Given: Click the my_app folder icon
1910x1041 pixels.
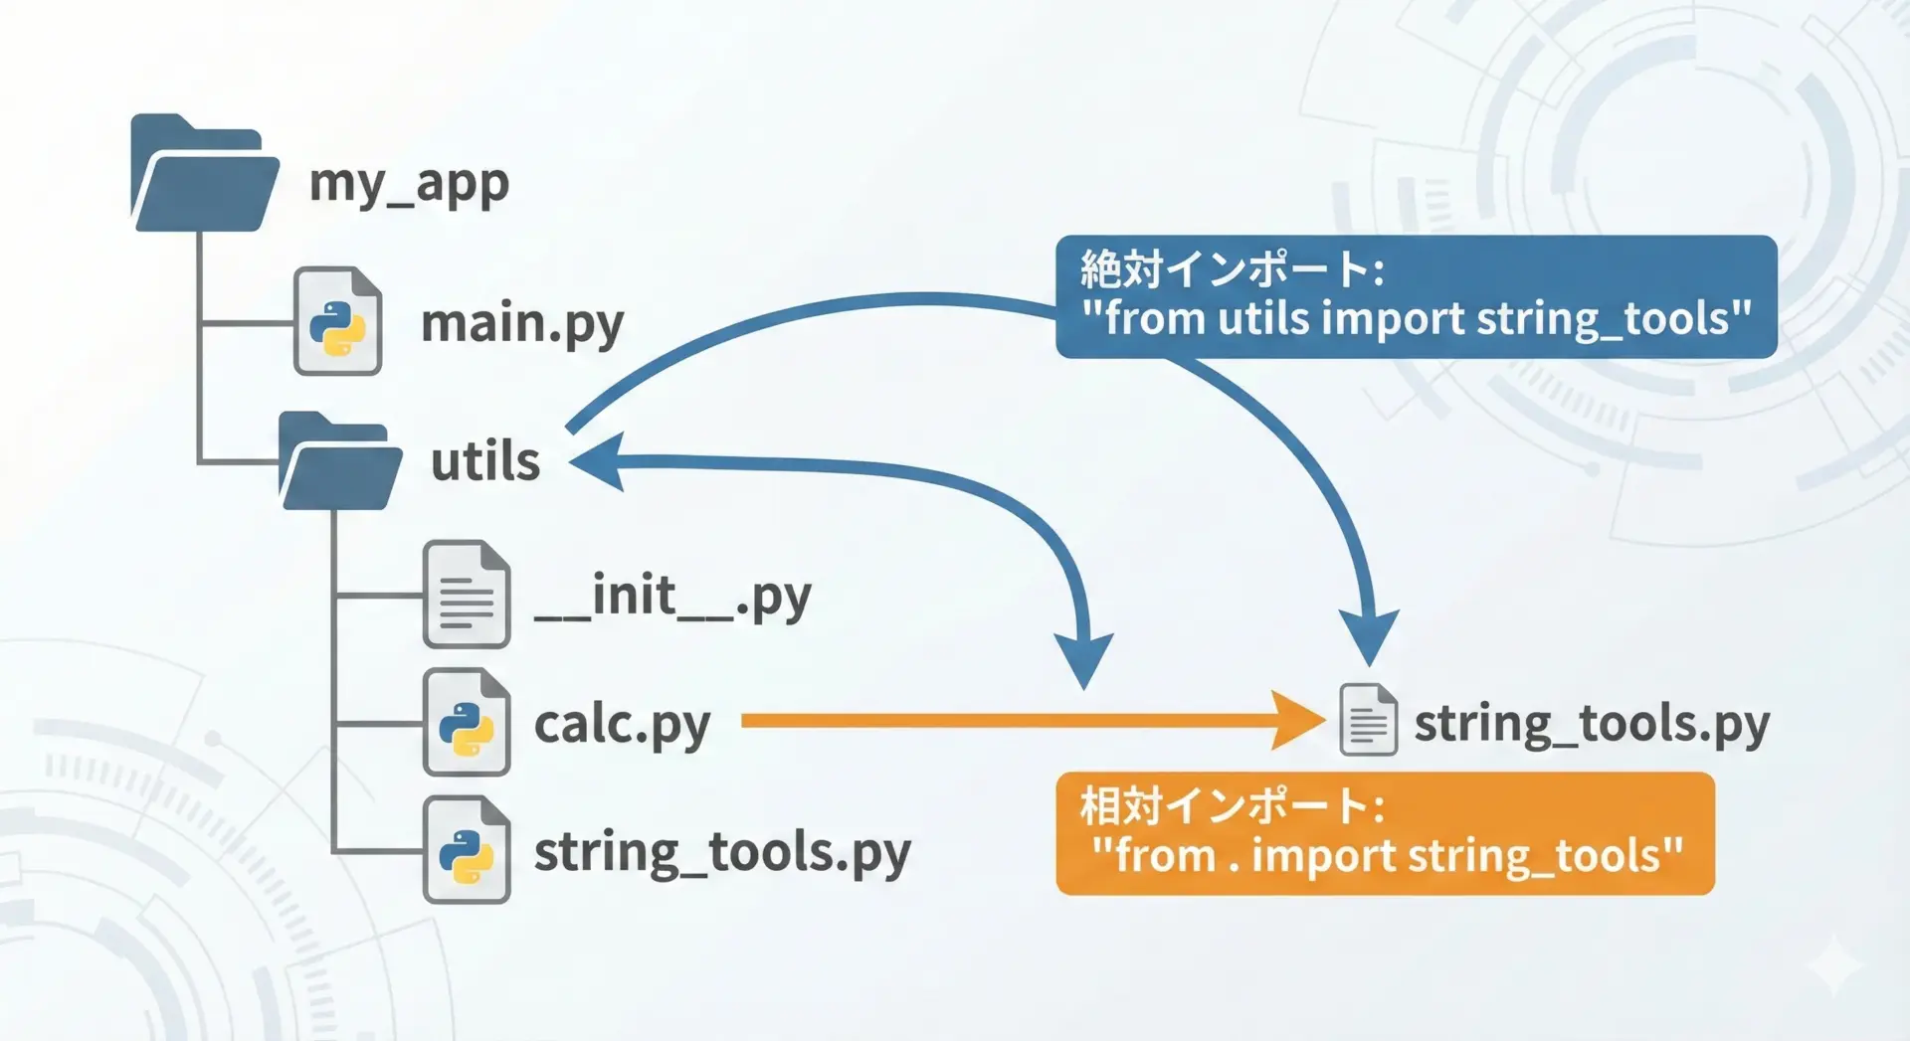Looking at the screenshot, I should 204,175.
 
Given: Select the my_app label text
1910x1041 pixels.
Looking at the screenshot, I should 409,182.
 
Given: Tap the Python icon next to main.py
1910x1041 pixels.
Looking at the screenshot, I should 337,322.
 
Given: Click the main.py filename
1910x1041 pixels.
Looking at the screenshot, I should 522,323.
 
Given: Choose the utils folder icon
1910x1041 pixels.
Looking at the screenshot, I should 340,462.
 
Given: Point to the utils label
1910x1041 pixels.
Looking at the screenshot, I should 485,462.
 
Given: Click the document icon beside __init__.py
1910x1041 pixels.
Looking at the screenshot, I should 467,595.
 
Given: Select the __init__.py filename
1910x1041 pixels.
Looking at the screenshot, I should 672,597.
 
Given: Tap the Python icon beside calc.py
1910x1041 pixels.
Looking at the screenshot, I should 467,723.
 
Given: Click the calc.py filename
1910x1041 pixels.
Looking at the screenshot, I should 622,724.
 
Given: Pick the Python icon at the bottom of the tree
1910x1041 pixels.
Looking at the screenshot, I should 467,851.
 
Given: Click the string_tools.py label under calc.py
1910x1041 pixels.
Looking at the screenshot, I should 722,852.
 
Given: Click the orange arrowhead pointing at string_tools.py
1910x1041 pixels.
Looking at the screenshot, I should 1298,721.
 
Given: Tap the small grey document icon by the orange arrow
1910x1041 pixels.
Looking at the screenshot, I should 1368,721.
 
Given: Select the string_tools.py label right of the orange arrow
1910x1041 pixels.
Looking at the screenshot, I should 1592,723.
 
